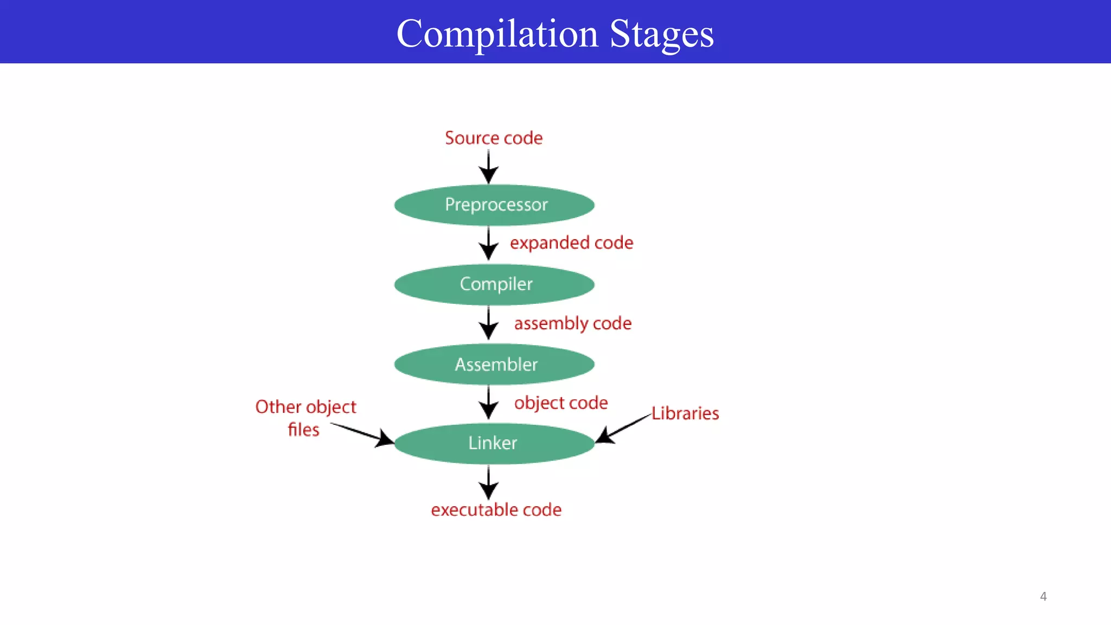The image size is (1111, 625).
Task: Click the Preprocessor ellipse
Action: click(494, 205)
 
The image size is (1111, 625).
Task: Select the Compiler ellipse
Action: click(494, 284)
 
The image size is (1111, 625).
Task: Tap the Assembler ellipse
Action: click(494, 364)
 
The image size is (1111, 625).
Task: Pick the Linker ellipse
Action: click(494, 443)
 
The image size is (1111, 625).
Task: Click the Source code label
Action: click(494, 138)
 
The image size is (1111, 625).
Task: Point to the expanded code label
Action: click(571, 243)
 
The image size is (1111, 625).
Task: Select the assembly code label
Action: click(573, 323)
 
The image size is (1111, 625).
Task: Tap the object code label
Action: click(561, 403)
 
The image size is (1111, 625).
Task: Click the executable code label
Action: click(496, 510)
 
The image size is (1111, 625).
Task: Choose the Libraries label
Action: click(685, 413)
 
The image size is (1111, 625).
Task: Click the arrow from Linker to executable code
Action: click(489, 482)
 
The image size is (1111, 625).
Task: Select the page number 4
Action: click(1043, 597)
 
